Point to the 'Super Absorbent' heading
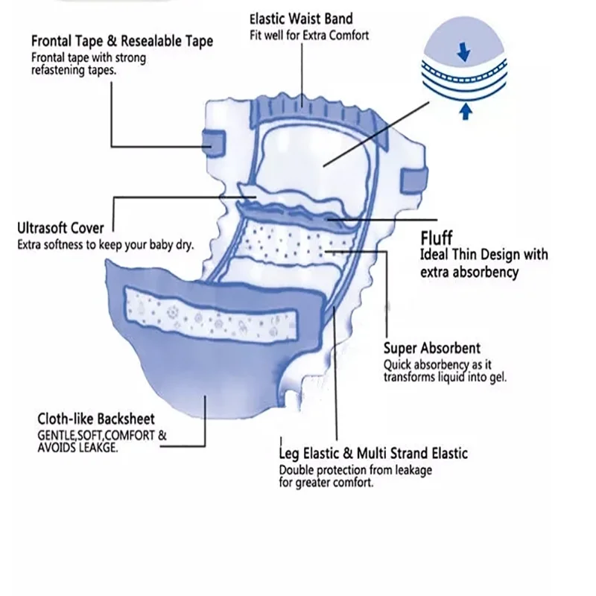[x=431, y=348]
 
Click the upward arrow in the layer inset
[x=465, y=112]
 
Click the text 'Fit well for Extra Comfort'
[x=309, y=35]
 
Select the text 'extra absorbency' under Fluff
[x=469, y=273]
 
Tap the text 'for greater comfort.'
[x=326, y=483]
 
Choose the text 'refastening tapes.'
[x=74, y=71]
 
